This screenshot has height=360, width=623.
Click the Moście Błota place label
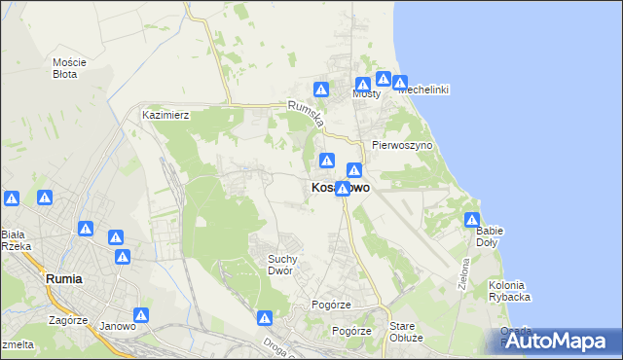[69, 67]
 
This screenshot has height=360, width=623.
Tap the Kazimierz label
[165, 115]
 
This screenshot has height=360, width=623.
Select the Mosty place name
[366, 94]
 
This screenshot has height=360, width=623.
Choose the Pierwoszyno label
[402, 144]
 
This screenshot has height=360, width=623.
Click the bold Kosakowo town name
[340, 188]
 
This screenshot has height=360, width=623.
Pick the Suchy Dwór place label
[287, 265]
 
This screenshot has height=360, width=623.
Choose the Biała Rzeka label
[17, 240]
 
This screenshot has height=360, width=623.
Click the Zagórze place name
[66, 318]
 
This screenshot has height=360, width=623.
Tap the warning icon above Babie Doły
[472, 220]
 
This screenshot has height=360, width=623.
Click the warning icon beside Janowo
[142, 315]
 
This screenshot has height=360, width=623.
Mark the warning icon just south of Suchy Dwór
[265, 317]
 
